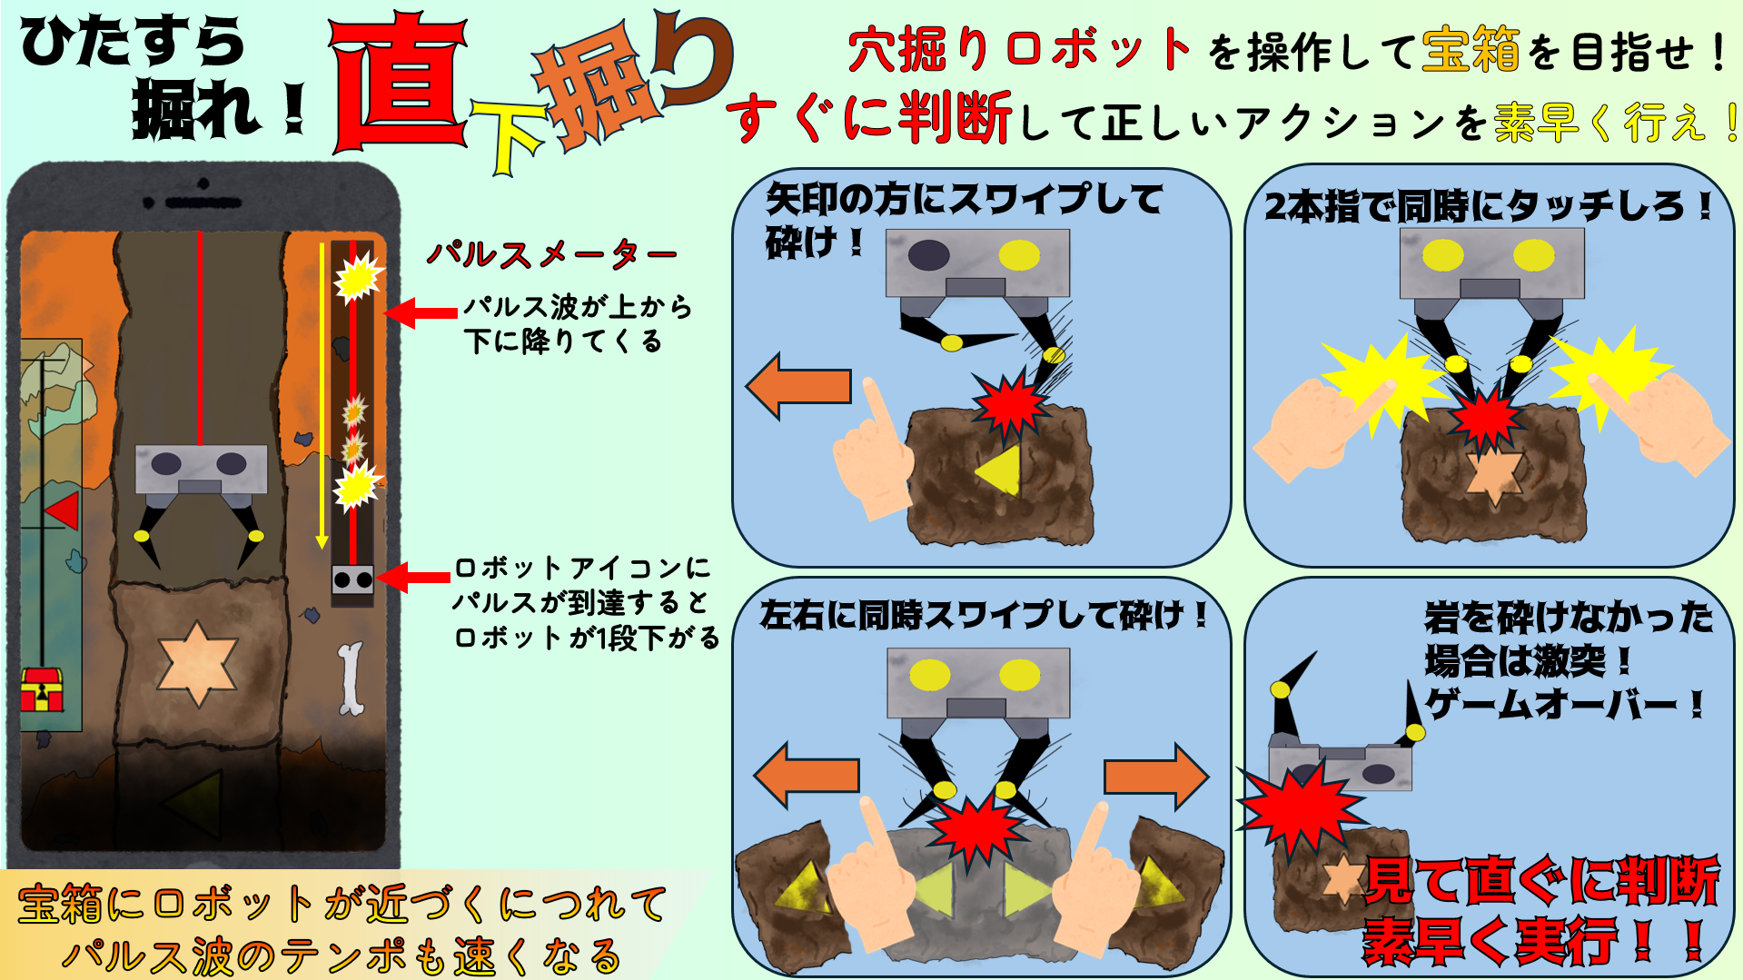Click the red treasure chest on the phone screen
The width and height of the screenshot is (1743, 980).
point(42,689)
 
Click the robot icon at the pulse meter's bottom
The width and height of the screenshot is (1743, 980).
point(352,579)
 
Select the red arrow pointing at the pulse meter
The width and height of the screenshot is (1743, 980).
point(420,312)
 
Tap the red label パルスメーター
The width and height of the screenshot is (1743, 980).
point(551,254)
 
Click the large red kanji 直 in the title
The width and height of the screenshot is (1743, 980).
point(401,84)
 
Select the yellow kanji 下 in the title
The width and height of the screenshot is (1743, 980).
point(509,136)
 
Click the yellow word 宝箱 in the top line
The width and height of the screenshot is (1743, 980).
point(1471,49)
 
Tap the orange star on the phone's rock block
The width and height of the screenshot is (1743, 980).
point(197,662)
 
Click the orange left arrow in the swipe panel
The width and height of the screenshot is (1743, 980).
point(799,386)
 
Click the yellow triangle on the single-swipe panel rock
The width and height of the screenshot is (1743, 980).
point(1000,470)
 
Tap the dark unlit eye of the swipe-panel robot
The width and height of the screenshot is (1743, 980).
point(928,255)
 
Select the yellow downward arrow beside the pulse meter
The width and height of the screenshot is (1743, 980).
point(322,395)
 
